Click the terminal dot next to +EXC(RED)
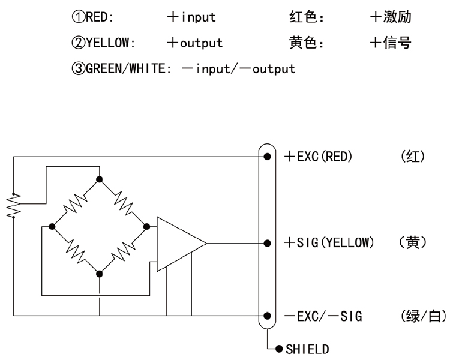(x=267, y=157)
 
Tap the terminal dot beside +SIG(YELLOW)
(x=267, y=244)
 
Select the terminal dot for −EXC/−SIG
(x=267, y=316)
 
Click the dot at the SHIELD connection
(x=279, y=349)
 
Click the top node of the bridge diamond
(x=99, y=179)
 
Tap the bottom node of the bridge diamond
(x=99, y=274)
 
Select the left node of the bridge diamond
(x=52, y=227)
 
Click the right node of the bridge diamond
(x=146, y=227)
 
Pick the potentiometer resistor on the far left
(x=13, y=205)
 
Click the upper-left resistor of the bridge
(x=75, y=203)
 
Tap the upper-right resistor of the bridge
(x=124, y=203)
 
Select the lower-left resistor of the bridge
(x=76, y=251)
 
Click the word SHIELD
(x=307, y=349)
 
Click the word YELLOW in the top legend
(x=107, y=43)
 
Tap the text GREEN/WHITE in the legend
(x=126, y=68)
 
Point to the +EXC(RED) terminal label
(x=318, y=157)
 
